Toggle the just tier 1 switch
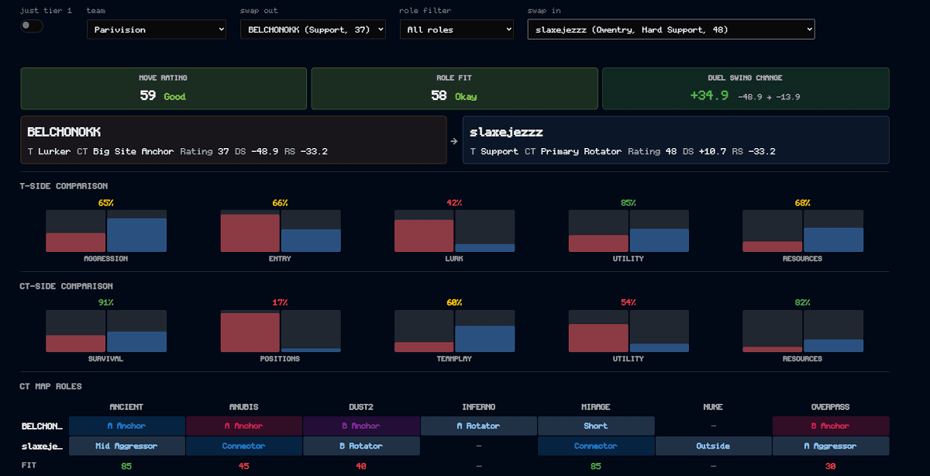(32, 26)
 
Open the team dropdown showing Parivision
(157, 29)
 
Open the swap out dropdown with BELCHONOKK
(312, 29)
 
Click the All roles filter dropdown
(456, 29)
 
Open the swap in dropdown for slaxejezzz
(671, 29)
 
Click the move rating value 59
(147, 95)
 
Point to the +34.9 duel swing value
(709, 95)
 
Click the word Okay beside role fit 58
(466, 97)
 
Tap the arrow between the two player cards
(454, 141)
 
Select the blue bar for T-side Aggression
(136, 235)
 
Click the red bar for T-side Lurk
(424, 236)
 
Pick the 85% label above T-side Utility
(629, 202)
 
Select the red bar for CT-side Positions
(250, 333)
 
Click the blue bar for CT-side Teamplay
(485, 339)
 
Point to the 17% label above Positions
(280, 302)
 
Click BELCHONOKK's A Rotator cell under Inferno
(479, 426)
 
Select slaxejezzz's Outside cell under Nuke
(713, 446)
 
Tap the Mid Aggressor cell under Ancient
(126, 446)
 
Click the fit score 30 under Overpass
(830, 466)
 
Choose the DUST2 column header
(361, 407)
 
